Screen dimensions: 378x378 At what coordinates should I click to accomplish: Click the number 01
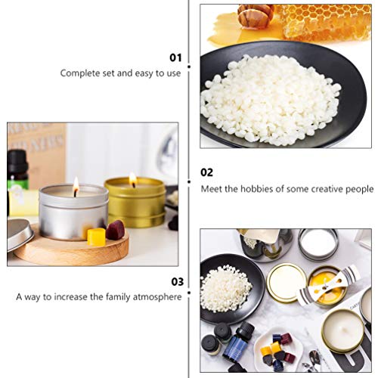tap(175, 57)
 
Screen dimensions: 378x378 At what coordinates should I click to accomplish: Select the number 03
tap(175, 281)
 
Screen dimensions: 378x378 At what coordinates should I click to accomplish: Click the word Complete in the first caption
tap(80, 73)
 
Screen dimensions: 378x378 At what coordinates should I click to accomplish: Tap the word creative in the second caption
tap(327, 188)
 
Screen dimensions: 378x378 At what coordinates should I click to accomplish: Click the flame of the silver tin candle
tap(76, 184)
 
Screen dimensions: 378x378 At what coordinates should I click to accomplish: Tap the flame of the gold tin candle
tap(132, 179)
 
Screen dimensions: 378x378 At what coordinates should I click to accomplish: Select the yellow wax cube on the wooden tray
tap(96, 237)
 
